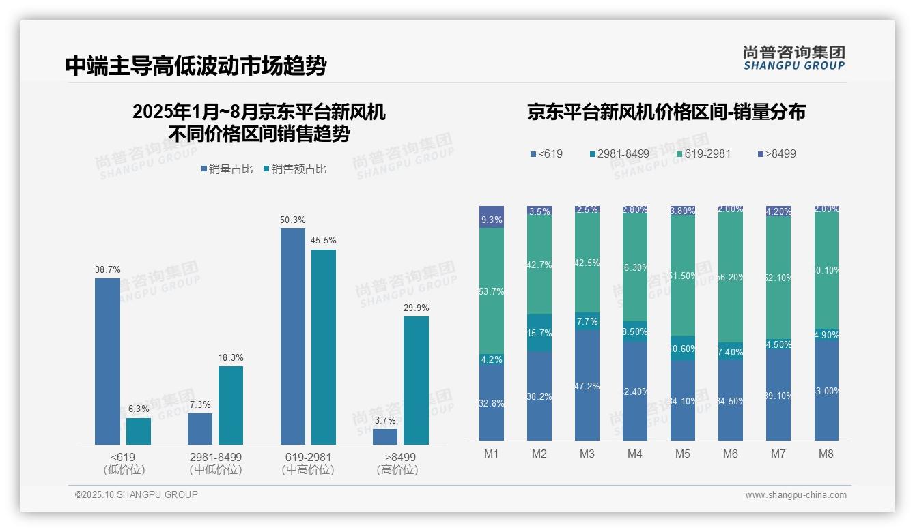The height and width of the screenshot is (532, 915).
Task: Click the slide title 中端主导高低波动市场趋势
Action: (x=196, y=65)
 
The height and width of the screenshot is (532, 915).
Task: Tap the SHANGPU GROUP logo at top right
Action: (x=793, y=58)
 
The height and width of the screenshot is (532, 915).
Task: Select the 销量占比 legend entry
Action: (x=227, y=168)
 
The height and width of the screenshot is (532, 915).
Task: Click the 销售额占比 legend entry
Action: (x=294, y=168)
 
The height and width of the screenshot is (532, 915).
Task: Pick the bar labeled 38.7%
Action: (x=107, y=361)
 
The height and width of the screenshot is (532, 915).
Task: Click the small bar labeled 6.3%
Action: (x=139, y=431)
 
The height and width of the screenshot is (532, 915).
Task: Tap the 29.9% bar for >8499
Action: (x=416, y=380)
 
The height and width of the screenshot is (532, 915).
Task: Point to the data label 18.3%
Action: (x=231, y=357)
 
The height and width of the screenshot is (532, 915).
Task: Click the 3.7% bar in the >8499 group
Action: (x=385, y=437)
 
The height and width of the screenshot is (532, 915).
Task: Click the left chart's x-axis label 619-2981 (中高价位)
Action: (x=308, y=463)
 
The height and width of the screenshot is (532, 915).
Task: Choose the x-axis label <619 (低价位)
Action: (x=124, y=463)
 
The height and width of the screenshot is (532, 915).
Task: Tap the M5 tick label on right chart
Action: (x=682, y=454)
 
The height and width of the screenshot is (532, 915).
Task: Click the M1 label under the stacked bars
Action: (x=492, y=454)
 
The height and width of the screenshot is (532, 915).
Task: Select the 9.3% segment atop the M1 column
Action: (x=492, y=217)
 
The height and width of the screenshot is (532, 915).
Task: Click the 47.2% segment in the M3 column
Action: (x=587, y=386)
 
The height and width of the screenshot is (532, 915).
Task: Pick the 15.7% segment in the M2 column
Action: (x=539, y=333)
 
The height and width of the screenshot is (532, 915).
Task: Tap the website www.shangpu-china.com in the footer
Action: (x=796, y=495)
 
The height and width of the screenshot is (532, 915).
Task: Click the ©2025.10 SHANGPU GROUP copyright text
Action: (x=137, y=494)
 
